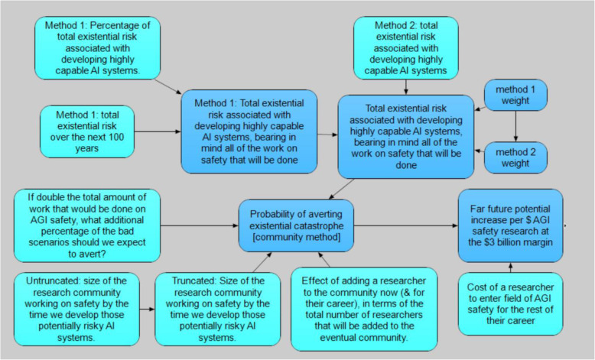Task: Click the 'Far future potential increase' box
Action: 510,225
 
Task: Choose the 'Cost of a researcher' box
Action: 510,303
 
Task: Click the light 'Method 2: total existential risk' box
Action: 405,46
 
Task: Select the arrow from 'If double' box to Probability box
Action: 198,225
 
